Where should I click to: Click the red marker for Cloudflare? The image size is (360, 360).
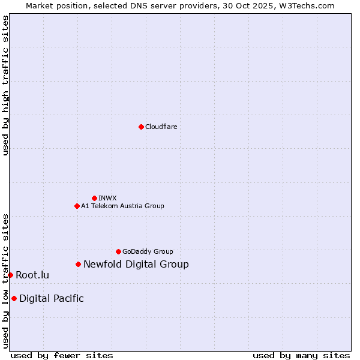coord(141,127)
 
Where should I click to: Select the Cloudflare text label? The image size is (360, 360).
coord(161,127)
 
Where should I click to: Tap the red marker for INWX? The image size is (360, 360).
coord(94,198)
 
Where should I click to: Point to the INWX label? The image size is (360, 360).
coord(107,198)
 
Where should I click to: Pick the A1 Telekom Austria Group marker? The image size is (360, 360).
coord(77,206)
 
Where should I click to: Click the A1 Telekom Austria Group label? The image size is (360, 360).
coord(122,206)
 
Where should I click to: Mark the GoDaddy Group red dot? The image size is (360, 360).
coord(118,251)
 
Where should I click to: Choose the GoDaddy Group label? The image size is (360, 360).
coord(148,251)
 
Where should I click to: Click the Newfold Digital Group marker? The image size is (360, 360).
coord(78,264)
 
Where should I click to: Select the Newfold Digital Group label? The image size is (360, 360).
coord(136,264)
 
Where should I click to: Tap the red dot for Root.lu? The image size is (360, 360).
coord(10,275)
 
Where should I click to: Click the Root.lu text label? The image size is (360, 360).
coord(32,275)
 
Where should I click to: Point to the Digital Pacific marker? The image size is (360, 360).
coord(14,298)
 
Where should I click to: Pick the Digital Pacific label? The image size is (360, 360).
coord(52,298)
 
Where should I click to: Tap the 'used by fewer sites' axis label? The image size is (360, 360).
coord(62,355)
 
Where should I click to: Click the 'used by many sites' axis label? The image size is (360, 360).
coord(301,355)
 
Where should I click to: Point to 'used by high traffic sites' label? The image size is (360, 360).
coord(5,85)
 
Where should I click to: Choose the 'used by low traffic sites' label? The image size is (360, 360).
coord(5,280)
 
